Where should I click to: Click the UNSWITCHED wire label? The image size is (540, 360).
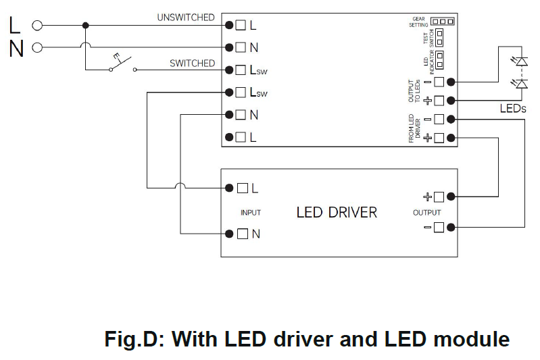tap(186, 18)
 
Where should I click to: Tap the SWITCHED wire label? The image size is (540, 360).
tap(192, 63)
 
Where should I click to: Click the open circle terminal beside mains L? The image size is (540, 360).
tap(37, 26)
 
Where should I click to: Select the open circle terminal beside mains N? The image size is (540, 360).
tap(37, 47)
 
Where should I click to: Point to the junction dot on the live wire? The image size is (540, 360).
tap(85, 26)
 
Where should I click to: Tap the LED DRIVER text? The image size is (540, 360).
tap(337, 213)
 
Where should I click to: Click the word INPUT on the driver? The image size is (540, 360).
tap(251, 213)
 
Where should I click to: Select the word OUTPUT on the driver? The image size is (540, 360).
tap(426, 213)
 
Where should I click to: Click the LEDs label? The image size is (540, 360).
tap(513, 108)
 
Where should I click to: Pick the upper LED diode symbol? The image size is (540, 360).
tap(521, 61)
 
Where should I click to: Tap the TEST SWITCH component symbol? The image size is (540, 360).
tap(439, 36)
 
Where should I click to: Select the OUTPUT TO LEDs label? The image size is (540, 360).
tap(415, 91)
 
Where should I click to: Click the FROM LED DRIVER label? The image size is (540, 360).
tap(414, 128)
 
